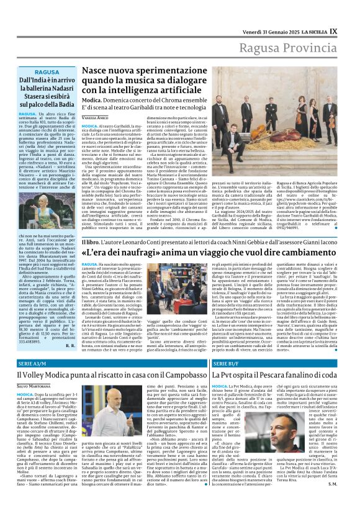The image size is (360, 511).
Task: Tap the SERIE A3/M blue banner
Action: pos(34,363)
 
